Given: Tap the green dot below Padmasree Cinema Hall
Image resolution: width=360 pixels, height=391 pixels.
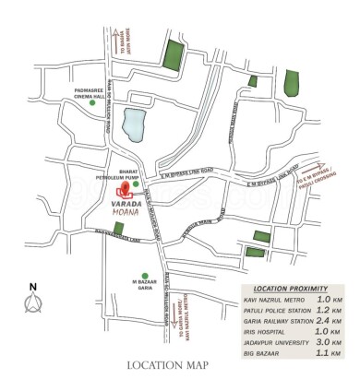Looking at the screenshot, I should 91,104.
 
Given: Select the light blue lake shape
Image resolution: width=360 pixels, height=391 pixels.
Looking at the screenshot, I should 136,123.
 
